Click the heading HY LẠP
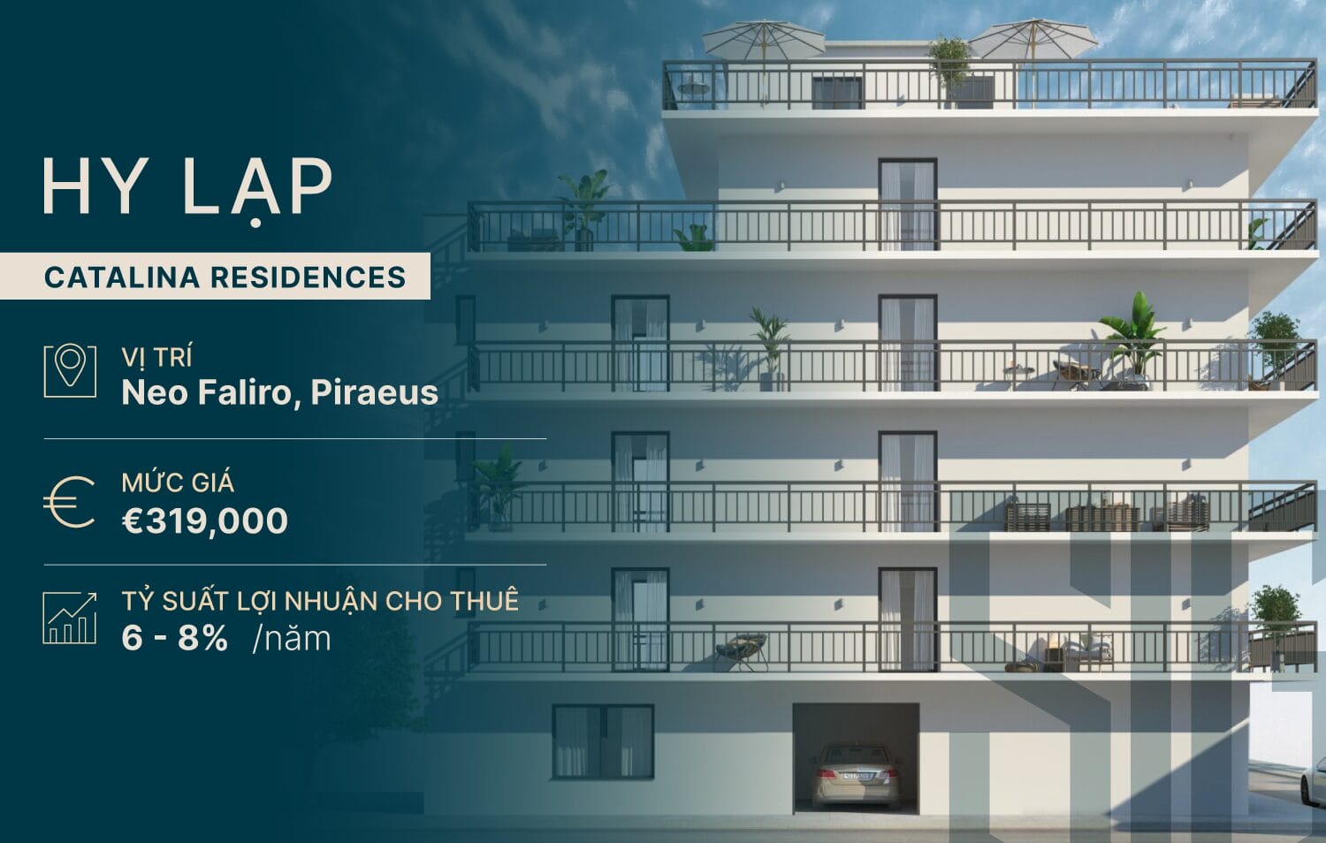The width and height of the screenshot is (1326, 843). [x=187, y=187]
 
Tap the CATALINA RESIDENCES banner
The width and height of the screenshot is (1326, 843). [x=225, y=277]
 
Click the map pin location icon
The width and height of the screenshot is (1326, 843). [x=70, y=371]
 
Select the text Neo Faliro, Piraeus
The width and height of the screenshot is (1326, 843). [x=279, y=392]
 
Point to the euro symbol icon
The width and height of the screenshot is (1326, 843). [x=70, y=502]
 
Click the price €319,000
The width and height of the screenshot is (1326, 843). [x=204, y=521]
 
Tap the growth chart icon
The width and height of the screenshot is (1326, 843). [x=70, y=618]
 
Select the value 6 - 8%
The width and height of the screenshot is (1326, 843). [x=175, y=638]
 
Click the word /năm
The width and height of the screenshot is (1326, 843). [x=292, y=638]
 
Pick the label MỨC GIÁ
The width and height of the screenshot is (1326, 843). [x=178, y=482]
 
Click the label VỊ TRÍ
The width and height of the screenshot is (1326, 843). [x=156, y=357]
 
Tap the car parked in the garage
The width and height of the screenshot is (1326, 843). [x=854, y=773]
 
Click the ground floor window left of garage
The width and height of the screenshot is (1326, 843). [x=603, y=741]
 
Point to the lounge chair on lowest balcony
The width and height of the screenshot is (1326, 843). [x=741, y=647]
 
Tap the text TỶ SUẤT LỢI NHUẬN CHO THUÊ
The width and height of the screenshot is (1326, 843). [x=320, y=601]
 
